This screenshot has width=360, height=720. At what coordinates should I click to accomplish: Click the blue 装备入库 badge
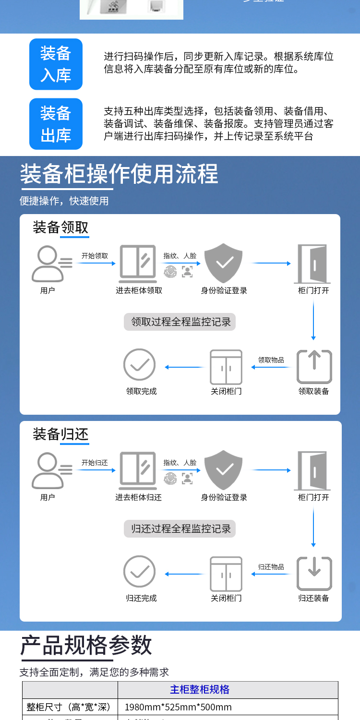click(x=56, y=64)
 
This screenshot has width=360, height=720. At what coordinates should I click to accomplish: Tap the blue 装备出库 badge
click(x=56, y=124)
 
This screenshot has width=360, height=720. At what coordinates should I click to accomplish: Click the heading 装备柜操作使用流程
click(x=119, y=174)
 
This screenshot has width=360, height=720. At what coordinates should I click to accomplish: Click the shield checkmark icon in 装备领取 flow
click(x=224, y=263)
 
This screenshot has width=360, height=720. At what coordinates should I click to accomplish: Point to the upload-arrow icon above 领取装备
click(x=314, y=366)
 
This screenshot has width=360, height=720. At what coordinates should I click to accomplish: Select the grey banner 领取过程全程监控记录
click(x=181, y=322)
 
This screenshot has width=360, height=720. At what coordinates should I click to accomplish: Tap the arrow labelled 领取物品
click(x=271, y=367)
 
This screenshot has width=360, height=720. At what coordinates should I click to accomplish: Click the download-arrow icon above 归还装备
click(x=314, y=573)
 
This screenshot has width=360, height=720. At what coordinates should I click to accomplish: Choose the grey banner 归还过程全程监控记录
click(x=181, y=529)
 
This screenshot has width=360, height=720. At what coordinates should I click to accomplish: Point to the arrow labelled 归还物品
click(x=271, y=574)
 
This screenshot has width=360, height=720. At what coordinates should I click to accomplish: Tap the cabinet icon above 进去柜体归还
click(x=138, y=470)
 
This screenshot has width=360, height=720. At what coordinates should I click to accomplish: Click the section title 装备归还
click(x=60, y=434)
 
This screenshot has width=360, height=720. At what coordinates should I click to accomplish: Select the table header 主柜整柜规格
click(x=200, y=690)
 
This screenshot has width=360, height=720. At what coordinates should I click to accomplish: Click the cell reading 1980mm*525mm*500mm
click(x=178, y=707)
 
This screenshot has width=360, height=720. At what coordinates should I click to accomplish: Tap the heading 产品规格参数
click(x=86, y=645)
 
